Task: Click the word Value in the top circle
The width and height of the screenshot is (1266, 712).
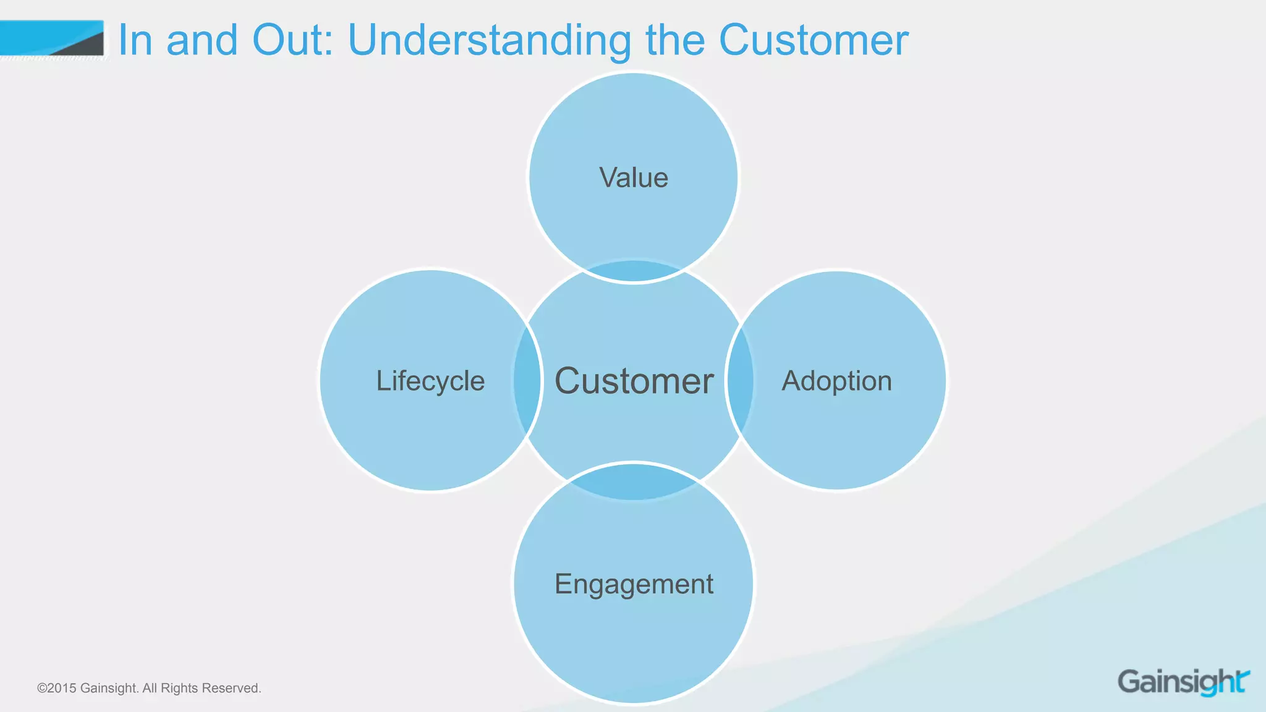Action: [634, 178]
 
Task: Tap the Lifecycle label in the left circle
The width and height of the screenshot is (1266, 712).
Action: [430, 381]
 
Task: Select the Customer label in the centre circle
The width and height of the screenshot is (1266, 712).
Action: [634, 381]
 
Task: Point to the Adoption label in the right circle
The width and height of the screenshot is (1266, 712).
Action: [837, 381]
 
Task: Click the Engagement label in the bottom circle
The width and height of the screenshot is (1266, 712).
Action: [634, 584]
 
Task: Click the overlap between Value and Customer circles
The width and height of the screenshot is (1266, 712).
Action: [634, 271]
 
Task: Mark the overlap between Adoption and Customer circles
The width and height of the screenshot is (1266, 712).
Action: [741, 381]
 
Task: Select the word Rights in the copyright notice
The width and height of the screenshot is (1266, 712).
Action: [179, 689]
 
